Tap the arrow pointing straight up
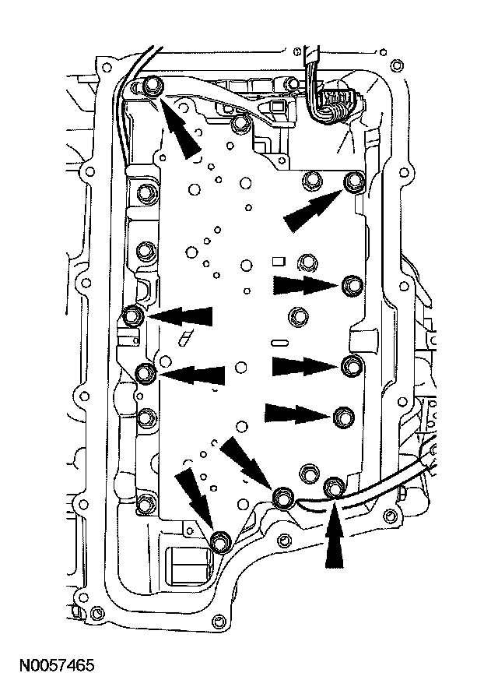point(333,537)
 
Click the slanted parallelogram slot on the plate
point(185,336)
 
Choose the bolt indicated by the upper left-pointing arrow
point(133,315)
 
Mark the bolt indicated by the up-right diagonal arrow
point(354,182)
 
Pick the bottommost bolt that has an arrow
point(221,540)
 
